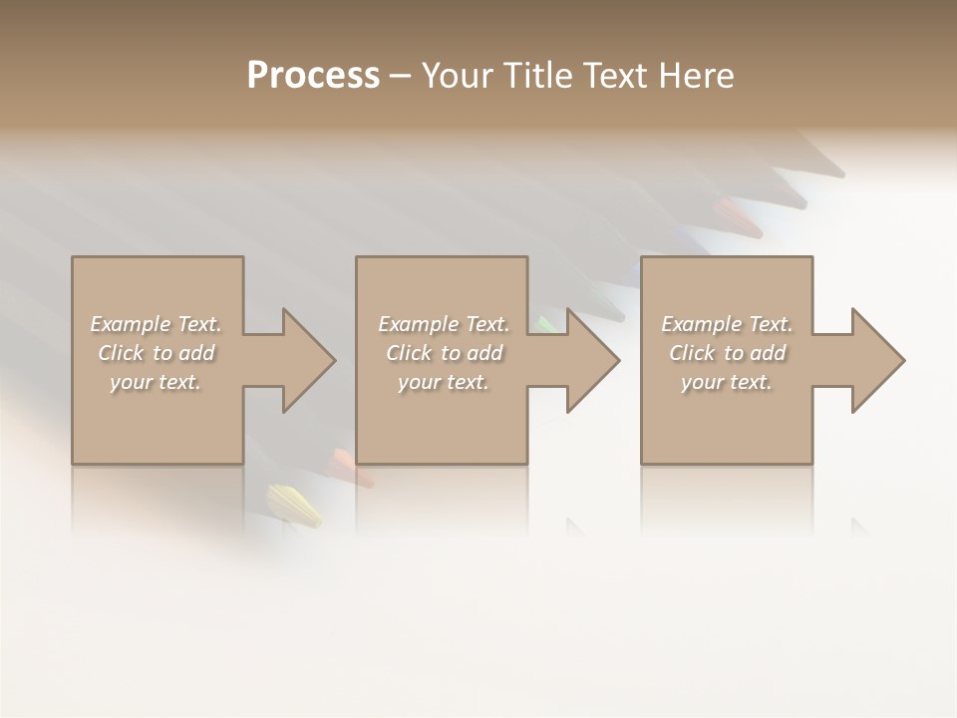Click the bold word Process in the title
pos(313,76)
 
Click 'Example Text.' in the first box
pos(157,324)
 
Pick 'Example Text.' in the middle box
pos(444,324)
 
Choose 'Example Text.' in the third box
pos(727,324)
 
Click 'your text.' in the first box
pos(157,382)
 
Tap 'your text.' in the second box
pos(444,382)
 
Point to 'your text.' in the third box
pos(727,382)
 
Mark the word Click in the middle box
pos(408,353)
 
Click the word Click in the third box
pos(691,353)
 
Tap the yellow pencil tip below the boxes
pos(295,504)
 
